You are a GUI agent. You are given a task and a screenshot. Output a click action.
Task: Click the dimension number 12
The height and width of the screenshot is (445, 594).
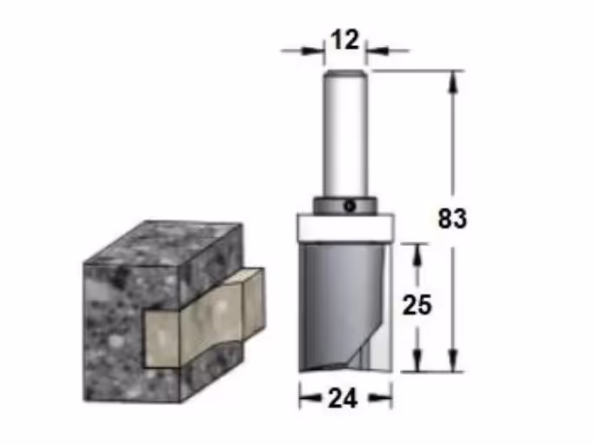(344, 40)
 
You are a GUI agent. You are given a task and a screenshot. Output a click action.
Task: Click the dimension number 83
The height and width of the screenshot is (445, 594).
(452, 218)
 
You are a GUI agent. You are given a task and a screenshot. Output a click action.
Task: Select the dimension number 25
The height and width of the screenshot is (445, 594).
(417, 305)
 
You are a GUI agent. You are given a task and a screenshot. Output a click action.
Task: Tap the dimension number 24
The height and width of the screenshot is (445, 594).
(344, 398)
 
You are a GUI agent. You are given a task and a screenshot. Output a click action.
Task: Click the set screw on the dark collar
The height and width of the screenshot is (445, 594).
(350, 207)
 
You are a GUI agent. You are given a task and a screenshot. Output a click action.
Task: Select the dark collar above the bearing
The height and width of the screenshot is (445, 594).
(345, 207)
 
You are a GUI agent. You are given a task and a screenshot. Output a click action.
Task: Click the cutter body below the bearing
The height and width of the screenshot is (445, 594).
(345, 307)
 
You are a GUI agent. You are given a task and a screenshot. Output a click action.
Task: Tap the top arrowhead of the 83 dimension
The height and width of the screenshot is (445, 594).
(453, 82)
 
